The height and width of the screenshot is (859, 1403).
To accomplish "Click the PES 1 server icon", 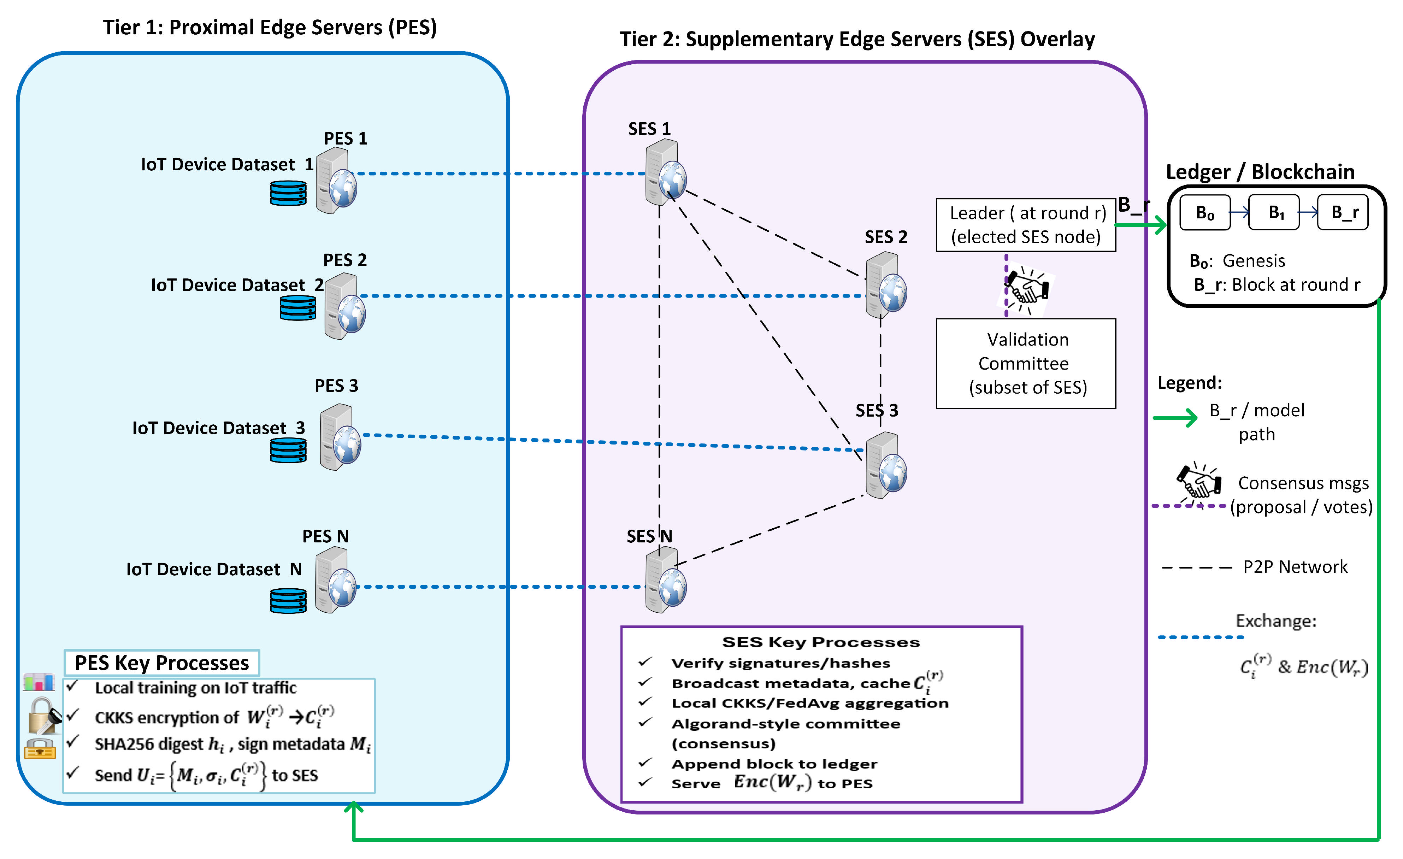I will point(336,181).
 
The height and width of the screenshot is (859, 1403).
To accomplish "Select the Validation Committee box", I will point(1026,363).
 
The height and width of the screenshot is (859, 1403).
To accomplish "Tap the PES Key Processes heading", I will point(162,663).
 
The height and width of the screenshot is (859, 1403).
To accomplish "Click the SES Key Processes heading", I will point(820,642).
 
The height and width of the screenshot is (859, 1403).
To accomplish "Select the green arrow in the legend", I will point(1175,418).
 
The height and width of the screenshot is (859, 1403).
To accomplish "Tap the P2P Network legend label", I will point(1295,567).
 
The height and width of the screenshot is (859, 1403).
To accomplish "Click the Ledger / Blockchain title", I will point(1260,172).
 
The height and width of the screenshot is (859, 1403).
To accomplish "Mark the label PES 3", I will point(336,386).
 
